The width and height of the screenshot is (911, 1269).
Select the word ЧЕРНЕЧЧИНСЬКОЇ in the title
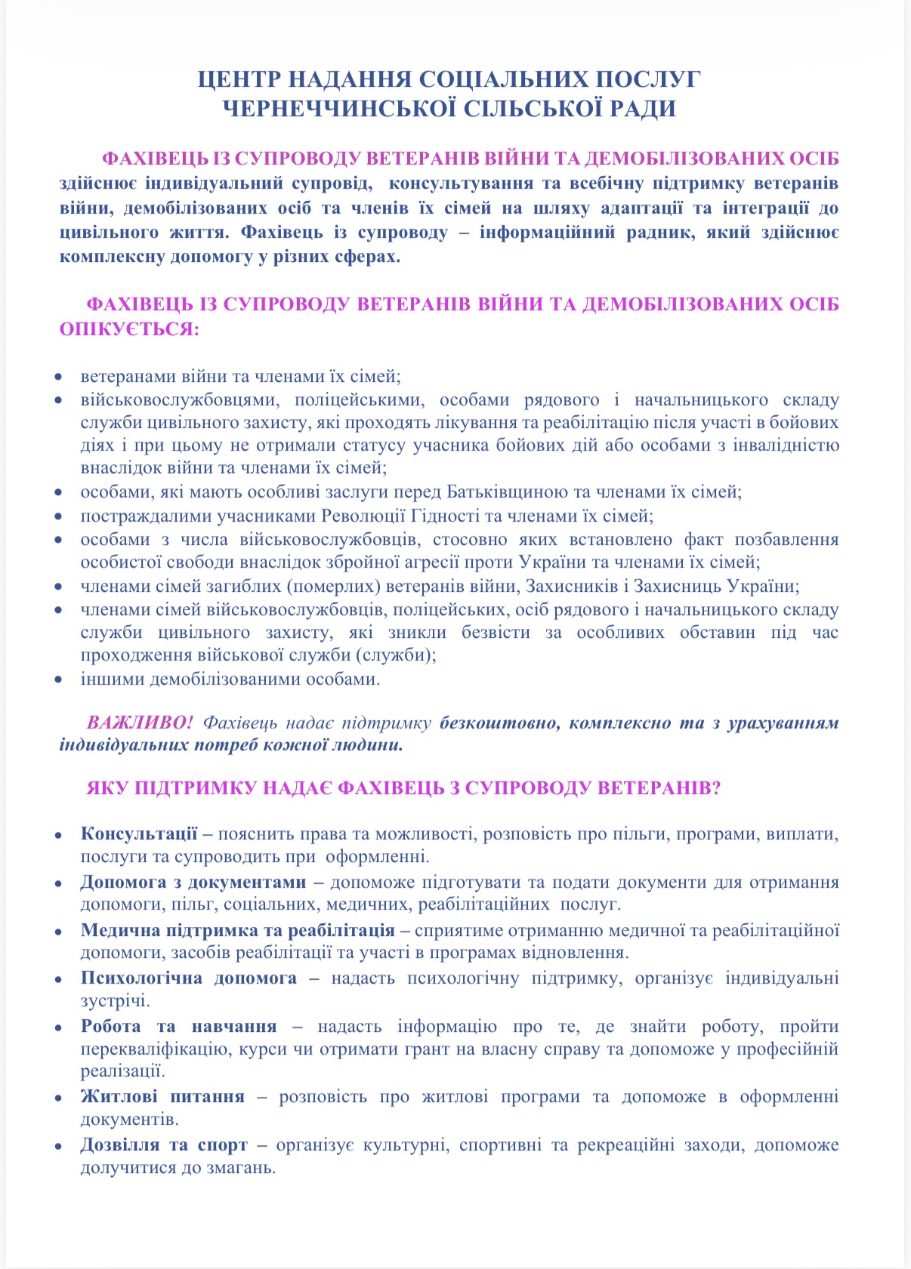(x=339, y=109)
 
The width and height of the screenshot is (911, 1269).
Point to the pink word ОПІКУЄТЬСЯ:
(x=129, y=329)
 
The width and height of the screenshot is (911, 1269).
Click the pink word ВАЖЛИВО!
(x=141, y=722)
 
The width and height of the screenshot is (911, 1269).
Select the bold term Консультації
(x=139, y=834)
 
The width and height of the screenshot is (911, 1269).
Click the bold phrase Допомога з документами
(x=193, y=882)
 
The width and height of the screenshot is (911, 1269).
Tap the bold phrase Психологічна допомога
(x=189, y=978)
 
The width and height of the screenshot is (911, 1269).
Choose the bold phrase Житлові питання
(x=162, y=1096)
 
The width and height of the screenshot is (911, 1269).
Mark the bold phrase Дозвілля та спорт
(x=164, y=1144)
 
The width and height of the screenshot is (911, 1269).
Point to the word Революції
(x=360, y=516)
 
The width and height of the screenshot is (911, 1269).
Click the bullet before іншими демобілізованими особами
(x=60, y=679)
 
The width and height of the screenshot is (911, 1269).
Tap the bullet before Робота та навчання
(x=60, y=1028)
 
